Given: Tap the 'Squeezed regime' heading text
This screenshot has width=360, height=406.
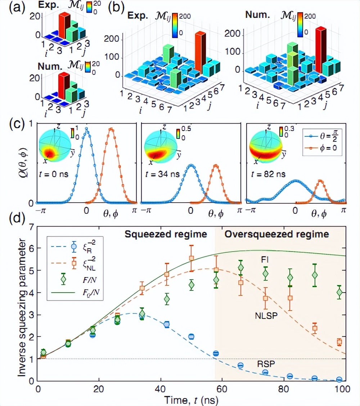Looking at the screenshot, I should [166, 235].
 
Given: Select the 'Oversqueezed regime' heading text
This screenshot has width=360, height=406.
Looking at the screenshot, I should [277, 235].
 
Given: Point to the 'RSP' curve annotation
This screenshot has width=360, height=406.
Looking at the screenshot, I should [266, 364].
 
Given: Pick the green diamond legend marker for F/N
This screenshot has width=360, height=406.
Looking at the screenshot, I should [63, 279].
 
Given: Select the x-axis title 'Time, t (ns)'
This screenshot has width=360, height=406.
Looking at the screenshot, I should [191, 399].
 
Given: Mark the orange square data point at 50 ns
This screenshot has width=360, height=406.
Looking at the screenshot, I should [192, 258].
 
